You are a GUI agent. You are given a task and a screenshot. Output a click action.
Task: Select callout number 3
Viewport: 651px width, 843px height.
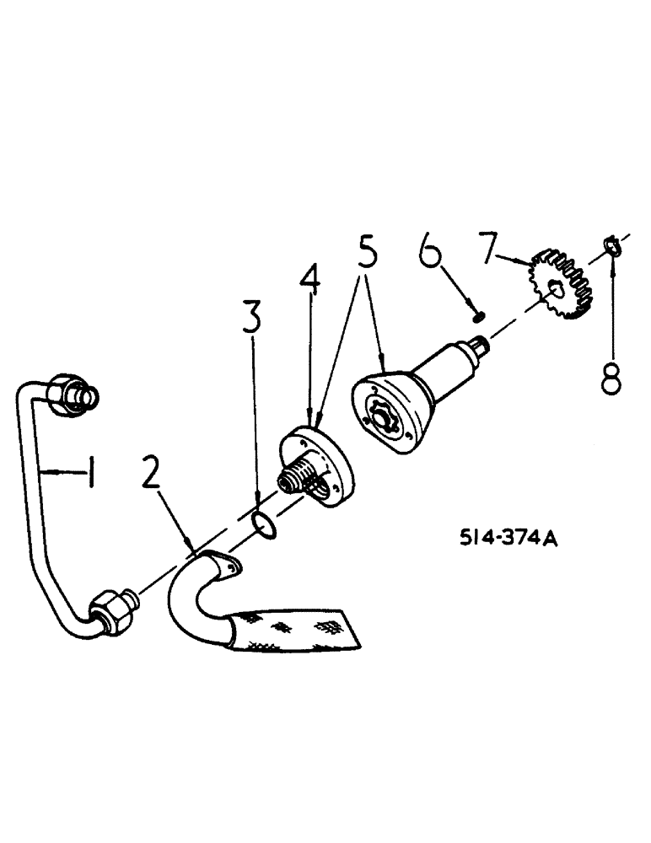click(252, 319)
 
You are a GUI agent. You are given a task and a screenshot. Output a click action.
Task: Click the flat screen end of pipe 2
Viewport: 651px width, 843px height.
click(304, 629)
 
